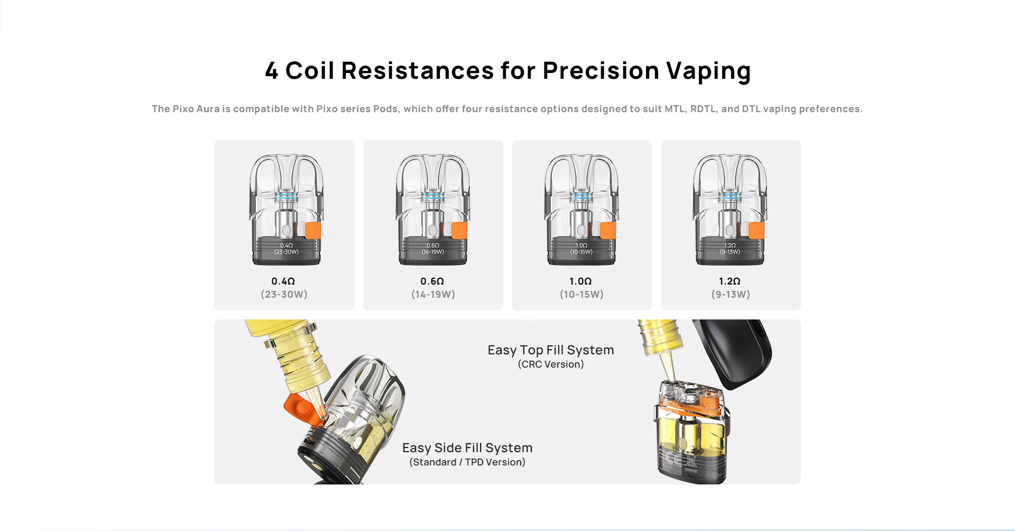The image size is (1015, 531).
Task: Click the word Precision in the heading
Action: click(601, 71)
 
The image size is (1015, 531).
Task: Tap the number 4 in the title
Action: click(272, 71)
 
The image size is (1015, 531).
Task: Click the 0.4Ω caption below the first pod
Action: click(283, 281)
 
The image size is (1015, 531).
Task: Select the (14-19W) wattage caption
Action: click(433, 295)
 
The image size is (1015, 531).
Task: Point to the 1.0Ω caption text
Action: click(580, 281)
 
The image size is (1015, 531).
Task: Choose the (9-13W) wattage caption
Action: click(731, 295)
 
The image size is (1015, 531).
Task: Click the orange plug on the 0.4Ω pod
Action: click(313, 231)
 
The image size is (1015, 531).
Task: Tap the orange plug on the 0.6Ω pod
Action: click(459, 231)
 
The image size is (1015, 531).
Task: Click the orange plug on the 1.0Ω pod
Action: click(608, 231)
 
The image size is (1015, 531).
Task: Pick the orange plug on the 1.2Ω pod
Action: click(756, 231)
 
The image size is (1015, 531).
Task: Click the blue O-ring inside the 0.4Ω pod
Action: click(286, 196)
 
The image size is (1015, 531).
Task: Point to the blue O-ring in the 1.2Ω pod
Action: click(730, 196)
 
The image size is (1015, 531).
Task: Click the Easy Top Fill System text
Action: click(551, 350)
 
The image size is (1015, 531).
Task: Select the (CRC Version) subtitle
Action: click(551, 364)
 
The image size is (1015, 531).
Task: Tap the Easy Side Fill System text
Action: click(467, 448)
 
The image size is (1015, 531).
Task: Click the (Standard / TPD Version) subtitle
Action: click(467, 462)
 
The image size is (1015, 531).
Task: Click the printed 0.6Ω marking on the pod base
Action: click(433, 245)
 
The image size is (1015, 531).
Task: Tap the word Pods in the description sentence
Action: click(385, 109)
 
